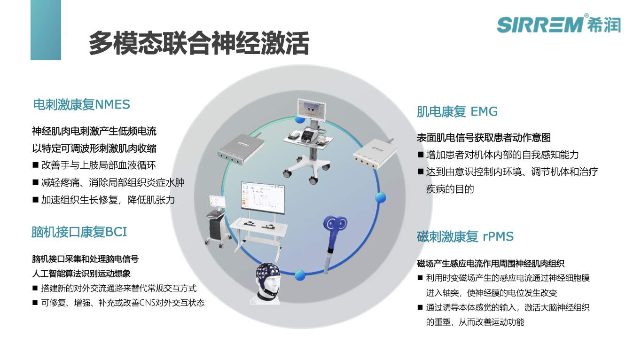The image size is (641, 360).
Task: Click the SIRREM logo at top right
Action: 559,24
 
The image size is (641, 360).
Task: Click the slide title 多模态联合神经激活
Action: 199,43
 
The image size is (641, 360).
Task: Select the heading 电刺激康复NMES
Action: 82,104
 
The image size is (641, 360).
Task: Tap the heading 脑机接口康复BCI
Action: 79,232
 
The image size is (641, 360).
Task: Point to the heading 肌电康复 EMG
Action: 457,111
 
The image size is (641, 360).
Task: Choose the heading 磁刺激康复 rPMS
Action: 465,237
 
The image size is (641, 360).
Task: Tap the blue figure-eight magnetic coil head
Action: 335,224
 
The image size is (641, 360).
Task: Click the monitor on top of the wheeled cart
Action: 312,109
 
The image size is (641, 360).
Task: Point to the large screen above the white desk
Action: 263,197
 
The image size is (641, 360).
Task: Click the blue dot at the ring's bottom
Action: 300,275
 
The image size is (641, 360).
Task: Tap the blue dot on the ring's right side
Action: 380,197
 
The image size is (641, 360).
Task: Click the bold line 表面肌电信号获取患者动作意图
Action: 484,138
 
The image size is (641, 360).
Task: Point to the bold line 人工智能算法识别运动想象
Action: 81,274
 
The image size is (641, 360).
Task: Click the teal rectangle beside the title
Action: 46,30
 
